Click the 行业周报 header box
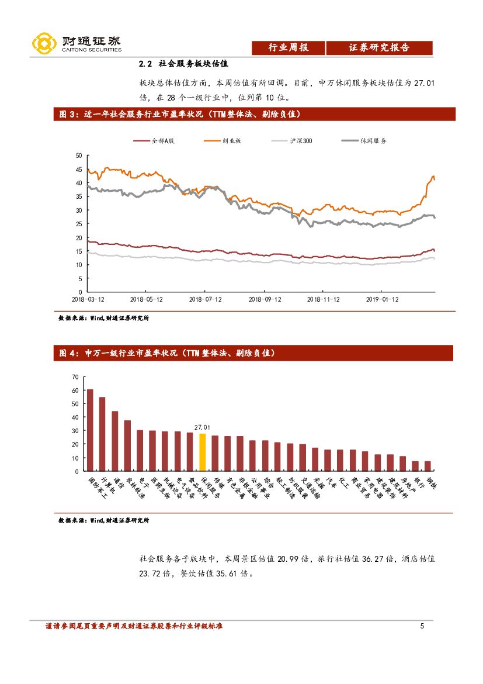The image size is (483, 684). [x=288, y=48]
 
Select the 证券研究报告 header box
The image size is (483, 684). [x=379, y=48]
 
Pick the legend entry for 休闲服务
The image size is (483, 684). [x=364, y=141]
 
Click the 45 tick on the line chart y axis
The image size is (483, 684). [x=79, y=169]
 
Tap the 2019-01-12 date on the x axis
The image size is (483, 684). [x=381, y=299]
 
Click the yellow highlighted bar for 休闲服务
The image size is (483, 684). [x=202, y=452]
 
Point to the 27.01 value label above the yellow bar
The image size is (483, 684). [x=202, y=427]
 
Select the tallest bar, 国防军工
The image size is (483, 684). [x=89, y=430]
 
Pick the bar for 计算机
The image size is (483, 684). [x=102, y=434]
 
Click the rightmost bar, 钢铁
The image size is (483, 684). [x=428, y=466]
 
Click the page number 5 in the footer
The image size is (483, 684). [x=422, y=626]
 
